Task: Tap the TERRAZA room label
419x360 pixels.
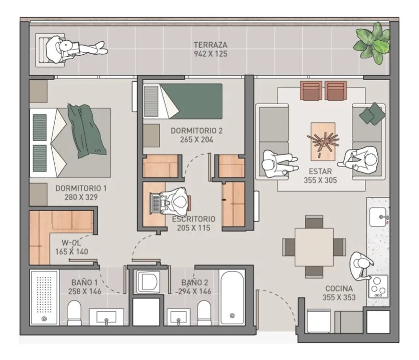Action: (x=211, y=45)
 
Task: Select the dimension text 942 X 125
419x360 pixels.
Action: (x=211, y=54)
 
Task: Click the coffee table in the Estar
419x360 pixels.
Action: (x=323, y=142)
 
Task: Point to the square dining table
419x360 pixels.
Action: (x=314, y=247)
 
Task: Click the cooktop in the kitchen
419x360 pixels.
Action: (x=378, y=286)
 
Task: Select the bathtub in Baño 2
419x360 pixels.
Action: (x=232, y=297)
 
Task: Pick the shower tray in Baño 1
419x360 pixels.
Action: (x=44, y=298)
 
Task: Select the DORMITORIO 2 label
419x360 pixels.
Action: (x=196, y=131)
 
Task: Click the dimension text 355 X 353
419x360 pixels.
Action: (x=339, y=297)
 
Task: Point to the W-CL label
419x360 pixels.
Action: (x=72, y=243)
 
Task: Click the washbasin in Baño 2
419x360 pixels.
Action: (x=179, y=317)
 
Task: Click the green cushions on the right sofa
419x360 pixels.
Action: (x=372, y=114)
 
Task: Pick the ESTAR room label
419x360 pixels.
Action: (x=320, y=171)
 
